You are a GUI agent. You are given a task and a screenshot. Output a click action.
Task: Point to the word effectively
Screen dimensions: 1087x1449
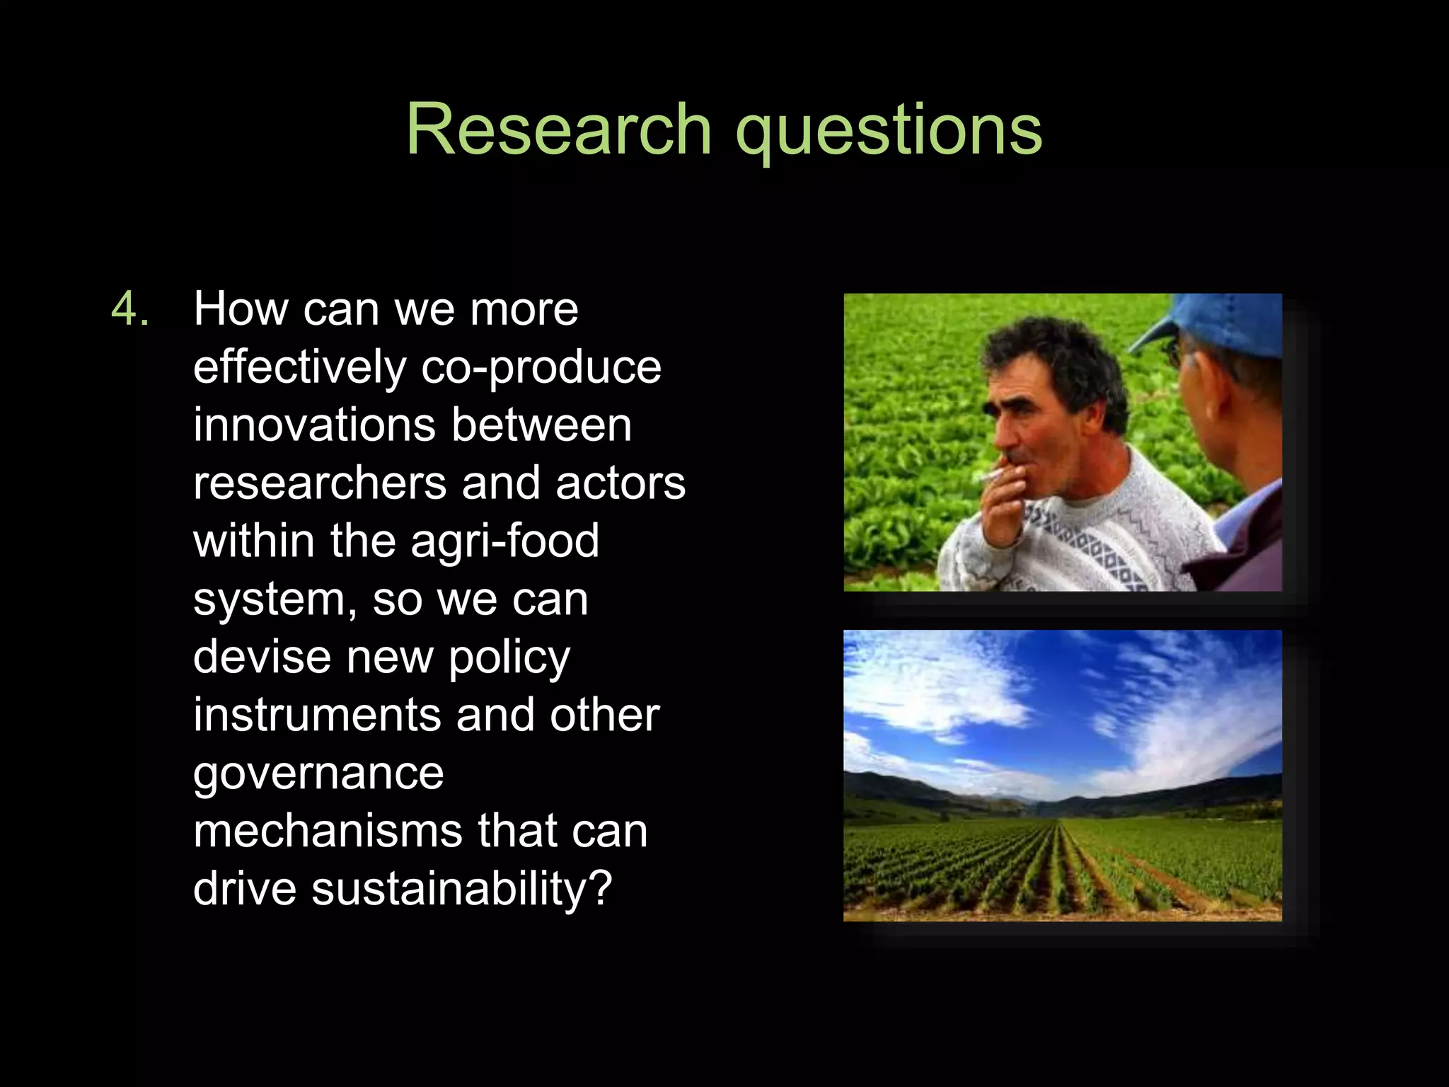(x=299, y=367)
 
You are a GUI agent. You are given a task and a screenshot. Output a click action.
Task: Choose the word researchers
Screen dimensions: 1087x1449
(x=320, y=483)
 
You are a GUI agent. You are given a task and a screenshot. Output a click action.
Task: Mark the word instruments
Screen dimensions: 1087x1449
(x=317, y=715)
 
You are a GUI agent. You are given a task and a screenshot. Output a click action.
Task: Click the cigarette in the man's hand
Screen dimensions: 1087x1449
(x=991, y=474)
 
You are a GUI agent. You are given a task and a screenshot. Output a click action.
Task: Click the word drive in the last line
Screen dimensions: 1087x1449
(x=245, y=890)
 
